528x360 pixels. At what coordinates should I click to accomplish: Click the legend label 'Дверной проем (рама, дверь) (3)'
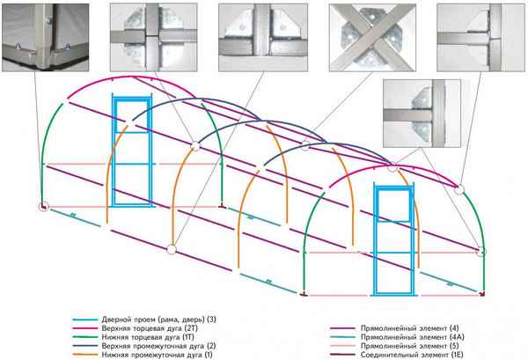pyautogui.click(x=159, y=319)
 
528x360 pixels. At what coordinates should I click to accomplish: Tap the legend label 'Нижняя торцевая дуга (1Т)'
pyautogui.click(x=148, y=337)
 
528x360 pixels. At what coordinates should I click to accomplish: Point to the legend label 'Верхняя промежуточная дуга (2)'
pyautogui.click(x=158, y=346)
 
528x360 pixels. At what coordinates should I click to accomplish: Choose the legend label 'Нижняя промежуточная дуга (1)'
pyautogui.click(x=157, y=355)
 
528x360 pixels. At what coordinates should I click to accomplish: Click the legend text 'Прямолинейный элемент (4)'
pyautogui.click(x=410, y=328)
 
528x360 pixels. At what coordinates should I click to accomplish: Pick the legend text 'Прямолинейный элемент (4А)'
pyautogui.click(x=413, y=337)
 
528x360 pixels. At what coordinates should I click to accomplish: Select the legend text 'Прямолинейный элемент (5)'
pyautogui.click(x=410, y=346)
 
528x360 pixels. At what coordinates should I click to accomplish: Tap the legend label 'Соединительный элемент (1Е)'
pyautogui.click(x=412, y=355)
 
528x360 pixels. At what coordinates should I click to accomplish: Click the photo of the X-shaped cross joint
pyautogui.click(x=372, y=37)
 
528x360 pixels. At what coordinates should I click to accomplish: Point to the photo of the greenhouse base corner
pyautogui.click(x=46, y=37)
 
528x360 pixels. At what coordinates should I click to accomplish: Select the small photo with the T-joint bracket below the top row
pyautogui.click(x=422, y=114)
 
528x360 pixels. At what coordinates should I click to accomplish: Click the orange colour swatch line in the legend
pyautogui.click(x=84, y=355)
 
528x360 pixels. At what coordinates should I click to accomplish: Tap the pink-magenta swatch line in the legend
pyautogui.click(x=84, y=328)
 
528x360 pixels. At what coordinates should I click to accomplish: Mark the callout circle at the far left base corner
pyautogui.click(x=43, y=207)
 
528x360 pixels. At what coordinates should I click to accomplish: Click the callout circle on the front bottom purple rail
pyautogui.click(x=172, y=250)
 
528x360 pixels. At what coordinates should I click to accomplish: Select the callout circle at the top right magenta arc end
pyautogui.click(x=459, y=190)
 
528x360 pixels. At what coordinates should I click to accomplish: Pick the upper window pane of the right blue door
pyautogui.click(x=394, y=205)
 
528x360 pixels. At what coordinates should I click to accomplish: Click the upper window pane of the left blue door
pyautogui.click(x=132, y=116)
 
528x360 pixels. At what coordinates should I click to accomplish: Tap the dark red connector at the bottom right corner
pyautogui.click(x=482, y=294)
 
